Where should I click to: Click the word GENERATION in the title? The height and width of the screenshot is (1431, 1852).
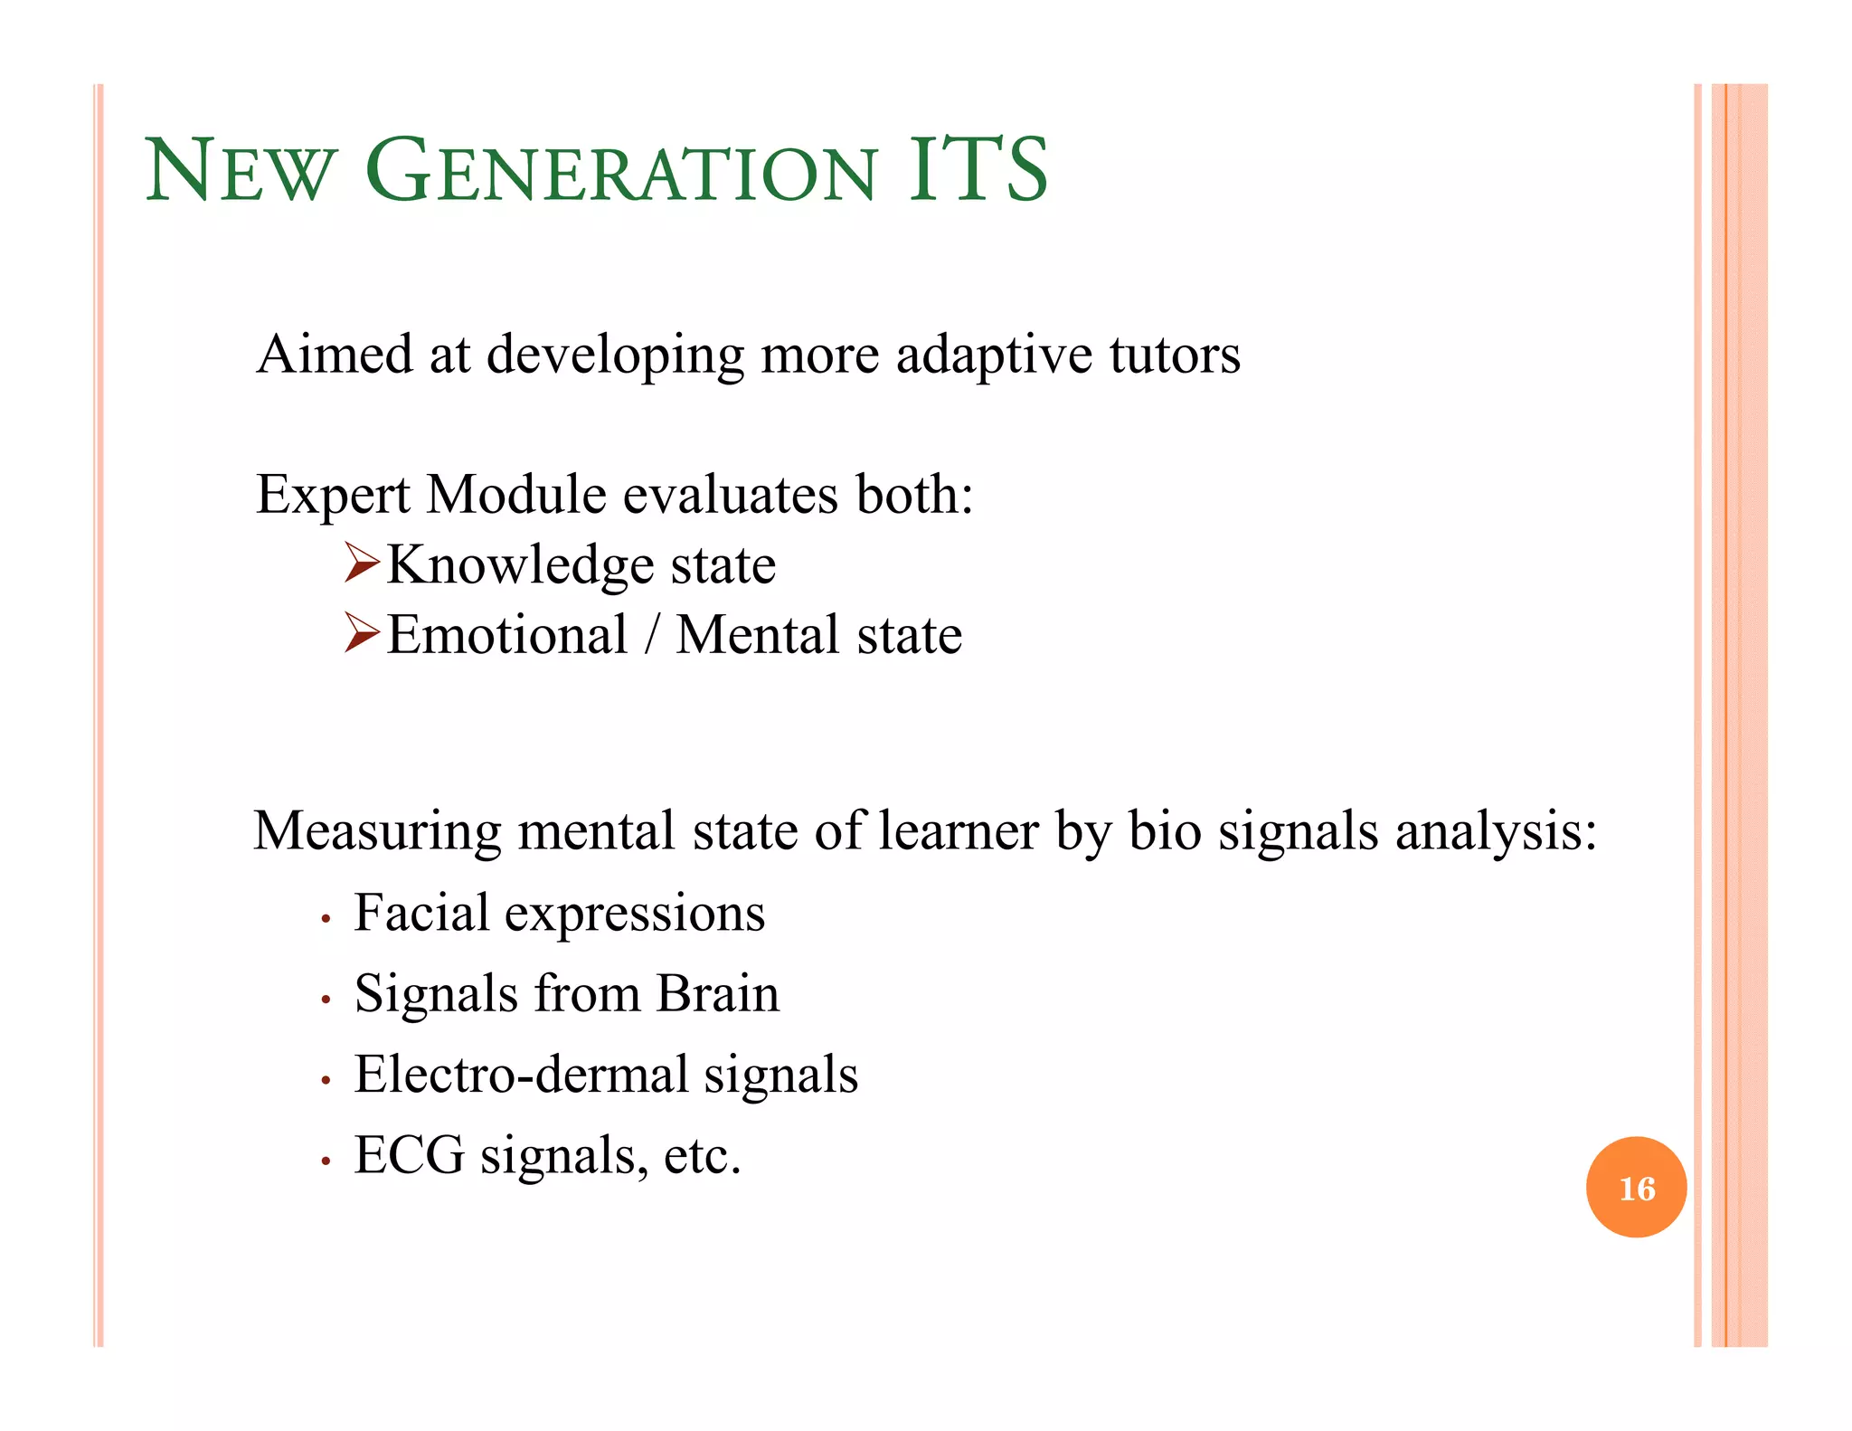pyautogui.click(x=621, y=172)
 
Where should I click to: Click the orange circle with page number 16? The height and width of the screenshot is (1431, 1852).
pyautogui.click(x=1635, y=1187)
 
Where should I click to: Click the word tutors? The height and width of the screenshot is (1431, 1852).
pyautogui.click(x=1175, y=355)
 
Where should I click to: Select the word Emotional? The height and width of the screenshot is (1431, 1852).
pyautogui.click(x=506, y=634)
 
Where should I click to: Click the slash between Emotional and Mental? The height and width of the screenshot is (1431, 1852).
pyautogui.click(x=651, y=634)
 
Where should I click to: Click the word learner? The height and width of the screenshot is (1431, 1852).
pyautogui.click(x=958, y=830)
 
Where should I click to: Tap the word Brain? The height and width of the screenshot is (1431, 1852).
pyautogui.click(x=717, y=993)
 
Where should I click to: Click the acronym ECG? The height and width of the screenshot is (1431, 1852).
pyautogui.click(x=409, y=1155)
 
